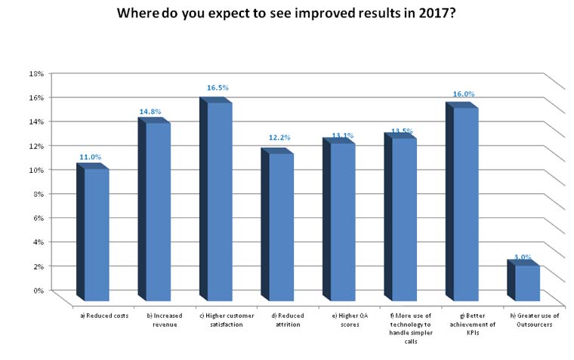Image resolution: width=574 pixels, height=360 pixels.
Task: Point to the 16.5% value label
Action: point(218,88)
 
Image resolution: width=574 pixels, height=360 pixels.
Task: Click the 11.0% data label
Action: point(90,157)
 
